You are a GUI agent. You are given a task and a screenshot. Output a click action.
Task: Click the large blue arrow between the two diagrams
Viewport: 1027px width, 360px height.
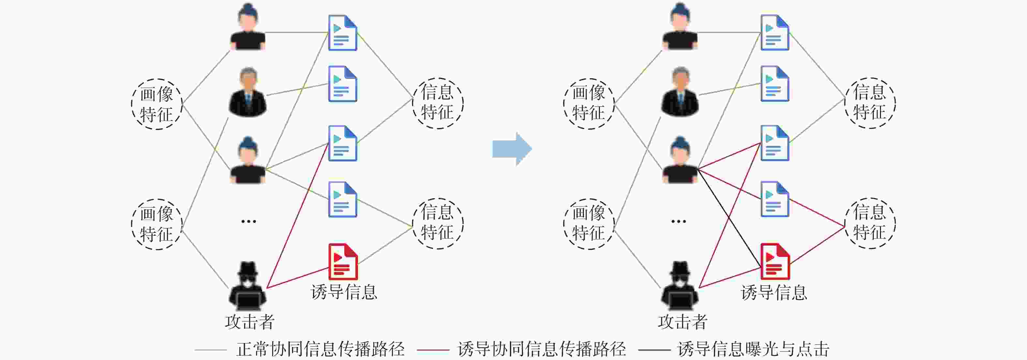pyautogui.click(x=512, y=149)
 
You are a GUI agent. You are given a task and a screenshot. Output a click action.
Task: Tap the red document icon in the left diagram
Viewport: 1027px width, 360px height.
pyautogui.click(x=343, y=262)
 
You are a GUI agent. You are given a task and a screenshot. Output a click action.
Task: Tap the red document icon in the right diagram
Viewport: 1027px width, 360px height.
pyautogui.click(x=775, y=262)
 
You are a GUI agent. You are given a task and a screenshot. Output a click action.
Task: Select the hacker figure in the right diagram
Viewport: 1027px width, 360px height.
pyautogui.click(x=680, y=286)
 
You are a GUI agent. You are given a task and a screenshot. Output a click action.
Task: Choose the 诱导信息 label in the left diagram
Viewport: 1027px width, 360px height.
pyautogui.click(x=344, y=292)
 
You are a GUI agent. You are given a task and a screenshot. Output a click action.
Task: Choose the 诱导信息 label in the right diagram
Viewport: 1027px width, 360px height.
pyautogui.click(x=774, y=292)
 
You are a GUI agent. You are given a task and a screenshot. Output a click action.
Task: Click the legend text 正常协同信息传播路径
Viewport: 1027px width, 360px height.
pyautogui.click(x=320, y=349)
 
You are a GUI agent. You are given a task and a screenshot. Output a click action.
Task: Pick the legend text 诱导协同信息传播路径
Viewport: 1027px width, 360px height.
pyautogui.click(x=542, y=349)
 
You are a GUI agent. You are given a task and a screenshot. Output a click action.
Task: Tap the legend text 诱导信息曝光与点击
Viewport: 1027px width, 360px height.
pyautogui.click(x=753, y=349)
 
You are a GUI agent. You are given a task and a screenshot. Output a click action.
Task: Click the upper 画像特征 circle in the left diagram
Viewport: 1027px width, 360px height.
pyautogui.click(x=157, y=104)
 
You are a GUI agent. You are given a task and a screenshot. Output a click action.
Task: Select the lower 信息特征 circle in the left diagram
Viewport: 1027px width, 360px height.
pyautogui.click(x=438, y=224)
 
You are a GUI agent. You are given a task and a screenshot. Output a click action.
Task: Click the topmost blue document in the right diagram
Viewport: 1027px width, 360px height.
pyautogui.click(x=775, y=33)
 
